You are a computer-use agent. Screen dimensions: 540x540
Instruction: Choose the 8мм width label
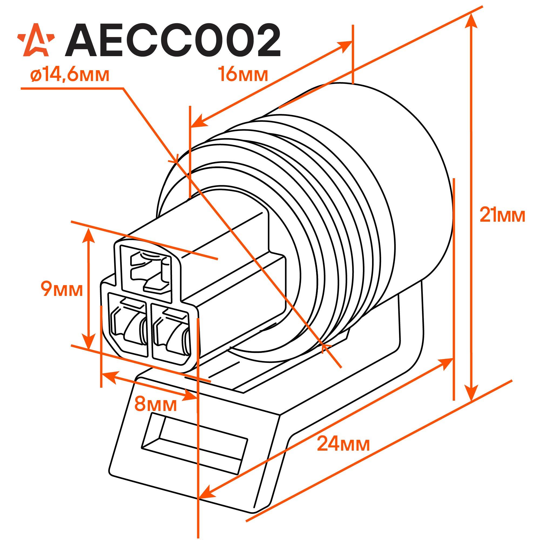pos(156,404)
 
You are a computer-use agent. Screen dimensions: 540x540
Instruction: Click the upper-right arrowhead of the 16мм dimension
pos(345,46)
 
